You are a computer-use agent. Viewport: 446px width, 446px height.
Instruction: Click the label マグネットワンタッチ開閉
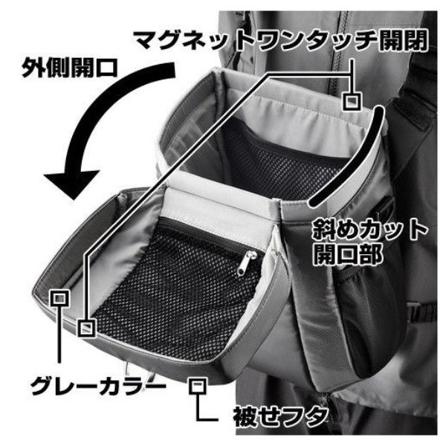tap(280, 39)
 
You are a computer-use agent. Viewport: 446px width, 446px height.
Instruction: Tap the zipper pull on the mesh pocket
tap(244, 262)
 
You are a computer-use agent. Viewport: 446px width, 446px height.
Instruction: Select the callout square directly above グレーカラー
tap(59, 298)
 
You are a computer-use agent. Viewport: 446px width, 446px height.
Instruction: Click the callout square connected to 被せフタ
tap(197, 385)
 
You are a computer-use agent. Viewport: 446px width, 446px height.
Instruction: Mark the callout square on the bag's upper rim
tap(354, 100)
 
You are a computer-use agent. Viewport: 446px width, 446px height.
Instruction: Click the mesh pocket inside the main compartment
tap(282, 164)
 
